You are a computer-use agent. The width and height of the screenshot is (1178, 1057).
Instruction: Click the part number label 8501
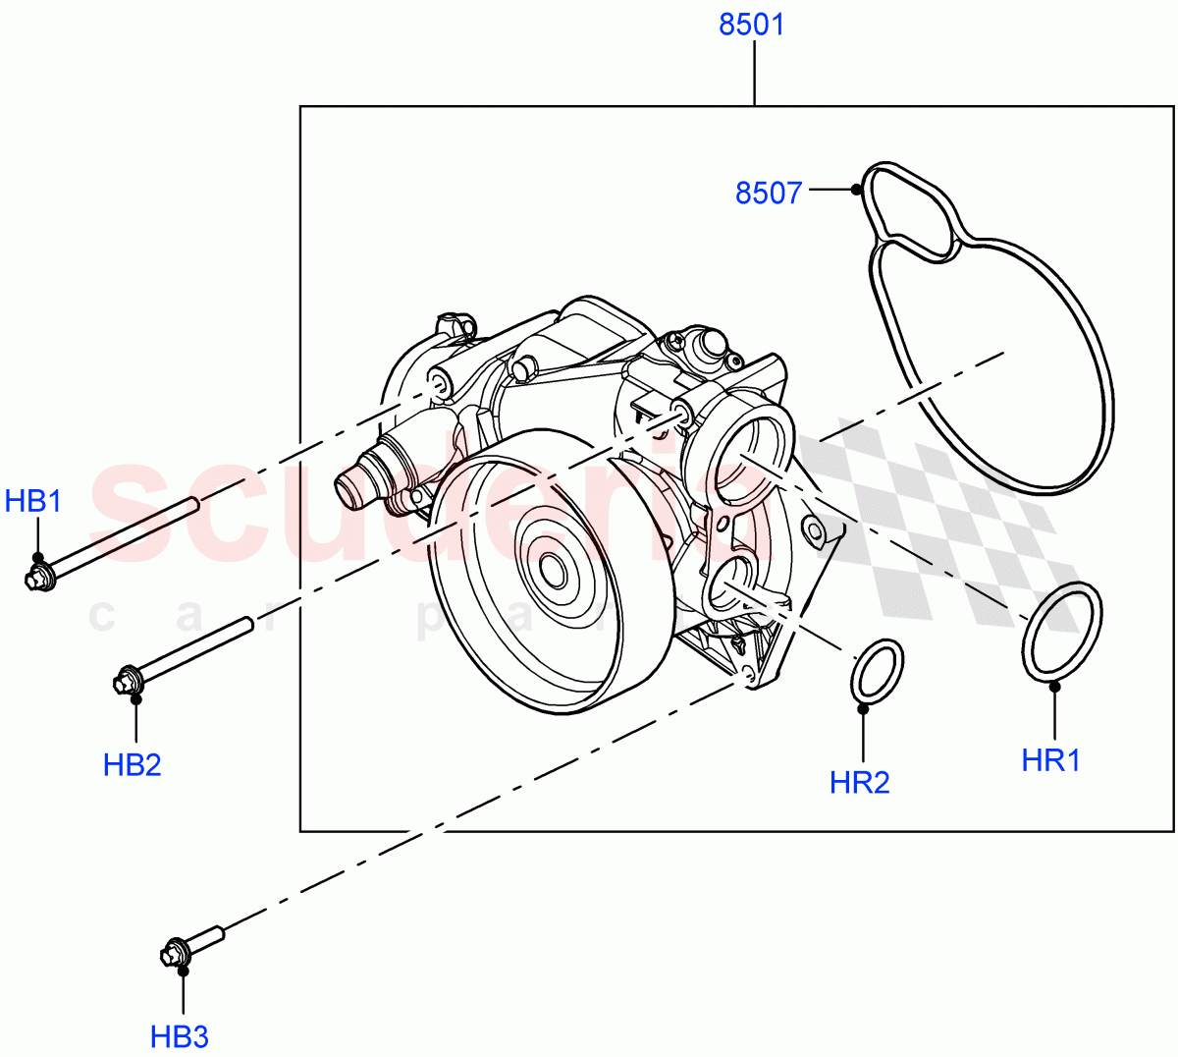tap(752, 25)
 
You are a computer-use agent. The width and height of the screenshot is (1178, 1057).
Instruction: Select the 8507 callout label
tap(769, 193)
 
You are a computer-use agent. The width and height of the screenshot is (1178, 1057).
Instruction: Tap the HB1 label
tap(33, 502)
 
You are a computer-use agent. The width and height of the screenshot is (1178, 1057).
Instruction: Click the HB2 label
tap(132, 764)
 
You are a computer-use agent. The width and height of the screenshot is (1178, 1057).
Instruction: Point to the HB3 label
tap(180, 1035)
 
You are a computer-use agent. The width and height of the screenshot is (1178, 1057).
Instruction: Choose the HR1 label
tap(1050, 759)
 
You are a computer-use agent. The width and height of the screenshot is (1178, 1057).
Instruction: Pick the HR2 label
tap(859, 782)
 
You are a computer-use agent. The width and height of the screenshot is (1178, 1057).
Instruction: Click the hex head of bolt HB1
tap(38, 577)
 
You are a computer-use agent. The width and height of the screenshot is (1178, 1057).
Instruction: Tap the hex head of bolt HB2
tap(129, 681)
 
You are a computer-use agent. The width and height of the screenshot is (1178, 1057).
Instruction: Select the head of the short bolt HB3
tap(175, 953)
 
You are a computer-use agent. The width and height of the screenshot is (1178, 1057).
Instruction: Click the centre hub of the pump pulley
tap(551, 571)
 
